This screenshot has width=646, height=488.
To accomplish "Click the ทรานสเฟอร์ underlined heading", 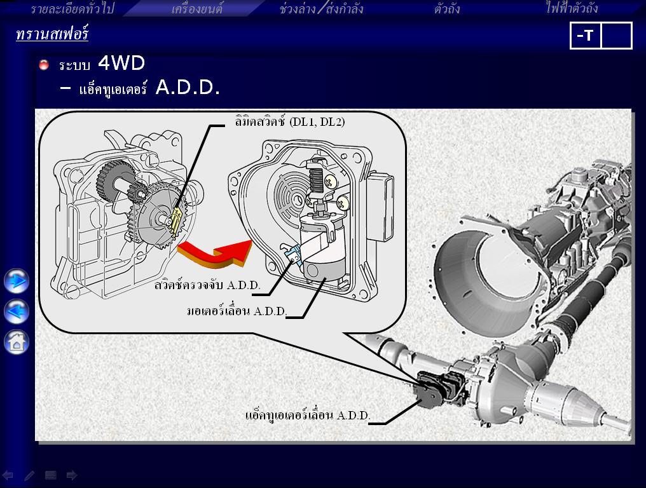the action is [52, 33].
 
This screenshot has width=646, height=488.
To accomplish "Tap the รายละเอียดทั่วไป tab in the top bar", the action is [72, 8].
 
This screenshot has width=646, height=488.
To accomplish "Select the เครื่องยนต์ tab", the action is [197, 8].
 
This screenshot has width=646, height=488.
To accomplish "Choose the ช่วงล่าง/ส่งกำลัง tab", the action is [321, 8].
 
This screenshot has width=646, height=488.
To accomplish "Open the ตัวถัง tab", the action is [446, 8].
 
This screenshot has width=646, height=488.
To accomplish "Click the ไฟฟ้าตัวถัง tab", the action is [572, 8].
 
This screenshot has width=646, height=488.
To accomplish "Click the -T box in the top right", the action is [585, 36].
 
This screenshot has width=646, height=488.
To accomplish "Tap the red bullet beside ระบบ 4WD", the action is [44, 65].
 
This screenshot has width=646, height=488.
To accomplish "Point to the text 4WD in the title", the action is [121, 63].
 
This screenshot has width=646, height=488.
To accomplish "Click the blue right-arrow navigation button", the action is [17, 281].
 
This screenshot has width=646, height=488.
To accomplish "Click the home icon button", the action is [17, 342].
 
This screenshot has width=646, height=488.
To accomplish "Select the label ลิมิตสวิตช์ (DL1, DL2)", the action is [290, 122].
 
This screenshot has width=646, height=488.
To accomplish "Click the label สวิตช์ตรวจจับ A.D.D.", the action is [207, 285].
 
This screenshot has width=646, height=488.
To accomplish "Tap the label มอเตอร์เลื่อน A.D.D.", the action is [237, 311].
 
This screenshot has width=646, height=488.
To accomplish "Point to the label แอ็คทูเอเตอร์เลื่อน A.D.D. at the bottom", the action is [307, 415].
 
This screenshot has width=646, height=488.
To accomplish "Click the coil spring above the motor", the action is [316, 181].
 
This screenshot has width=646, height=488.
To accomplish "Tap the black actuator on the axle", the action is [441, 389].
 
